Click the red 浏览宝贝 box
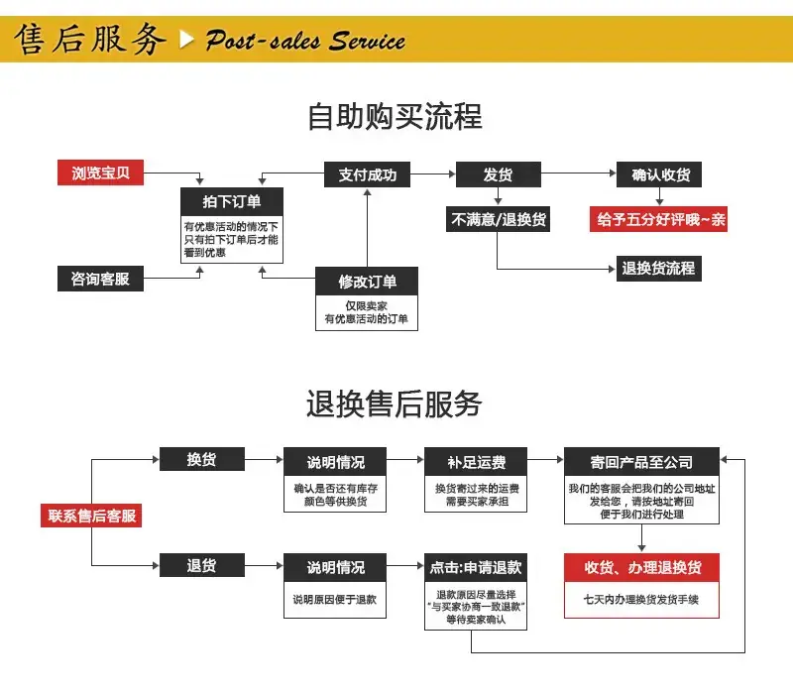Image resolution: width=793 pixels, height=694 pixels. [x=101, y=173]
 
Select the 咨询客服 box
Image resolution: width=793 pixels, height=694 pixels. [x=101, y=279]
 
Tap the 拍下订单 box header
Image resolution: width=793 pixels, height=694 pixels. [x=232, y=201]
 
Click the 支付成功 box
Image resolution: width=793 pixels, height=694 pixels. [x=367, y=174]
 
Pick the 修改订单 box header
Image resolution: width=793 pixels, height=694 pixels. [x=367, y=281]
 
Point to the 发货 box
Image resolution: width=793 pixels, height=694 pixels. [x=499, y=174]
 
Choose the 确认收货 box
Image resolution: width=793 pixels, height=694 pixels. [x=659, y=174]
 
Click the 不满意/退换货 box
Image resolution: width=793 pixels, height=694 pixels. [x=499, y=219]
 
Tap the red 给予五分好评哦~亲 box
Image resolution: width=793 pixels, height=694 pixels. [x=659, y=219]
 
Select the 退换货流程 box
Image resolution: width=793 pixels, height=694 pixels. [x=659, y=268]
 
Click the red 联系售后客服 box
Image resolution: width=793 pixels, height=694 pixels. [x=91, y=516]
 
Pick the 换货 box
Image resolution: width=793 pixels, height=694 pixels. [x=202, y=459]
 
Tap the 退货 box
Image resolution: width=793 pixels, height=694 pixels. [x=202, y=565]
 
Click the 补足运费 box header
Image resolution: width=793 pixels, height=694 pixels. [x=476, y=461]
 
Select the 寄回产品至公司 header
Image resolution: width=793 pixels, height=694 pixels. [x=641, y=461]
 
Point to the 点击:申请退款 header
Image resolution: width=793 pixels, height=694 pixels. [x=476, y=567]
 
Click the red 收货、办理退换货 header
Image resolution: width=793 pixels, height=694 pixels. [x=641, y=567]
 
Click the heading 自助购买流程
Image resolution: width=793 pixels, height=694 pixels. [x=395, y=116]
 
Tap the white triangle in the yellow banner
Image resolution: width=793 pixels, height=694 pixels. [x=186, y=40]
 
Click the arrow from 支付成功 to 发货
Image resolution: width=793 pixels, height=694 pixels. [x=433, y=174]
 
